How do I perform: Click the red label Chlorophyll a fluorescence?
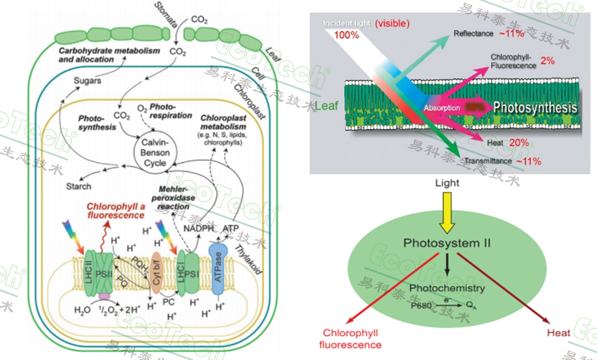tap(115, 211)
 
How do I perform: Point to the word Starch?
tap(79, 186)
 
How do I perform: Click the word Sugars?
tap(87, 80)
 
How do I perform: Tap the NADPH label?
tap(199, 228)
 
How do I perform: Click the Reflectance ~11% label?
tap(489, 34)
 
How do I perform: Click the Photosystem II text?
tap(447, 243)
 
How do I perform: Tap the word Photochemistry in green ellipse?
tap(447, 288)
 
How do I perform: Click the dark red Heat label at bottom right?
tap(559, 333)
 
